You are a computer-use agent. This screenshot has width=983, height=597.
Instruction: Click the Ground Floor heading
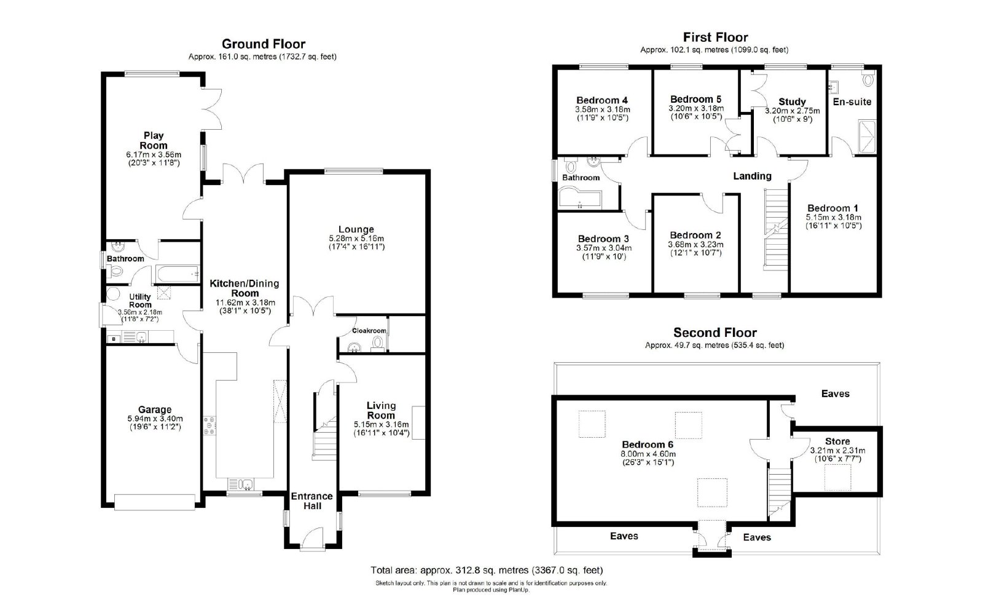pyautogui.click(x=264, y=44)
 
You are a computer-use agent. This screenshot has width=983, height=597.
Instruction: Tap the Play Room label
pyautogui.click(x=154, y=140)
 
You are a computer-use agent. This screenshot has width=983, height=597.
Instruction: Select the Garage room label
pyautogui.click(x=155, y=409)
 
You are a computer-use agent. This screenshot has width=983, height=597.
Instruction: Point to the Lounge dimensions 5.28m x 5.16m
pyautogui.click(x=356, y=239)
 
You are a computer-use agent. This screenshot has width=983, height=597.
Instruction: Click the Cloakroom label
pyautogui.click(x=369, y=331)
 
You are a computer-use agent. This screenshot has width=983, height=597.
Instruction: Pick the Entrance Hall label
pyautogui.click(x=312, y=501)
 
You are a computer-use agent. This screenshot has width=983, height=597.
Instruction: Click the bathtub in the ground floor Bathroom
pyautogui.click(x=176, y=274)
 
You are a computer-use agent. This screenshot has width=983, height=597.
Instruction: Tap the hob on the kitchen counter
pyautogui.click(x=210, y=425)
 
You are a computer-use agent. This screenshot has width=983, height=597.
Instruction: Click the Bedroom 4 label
pyautogui.click(x=602, y=100)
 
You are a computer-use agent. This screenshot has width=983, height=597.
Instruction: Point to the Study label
pyautogui.click(x=792, y=102)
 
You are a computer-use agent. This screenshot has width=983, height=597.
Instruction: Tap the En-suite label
pyautogui.click(x=852, y=102)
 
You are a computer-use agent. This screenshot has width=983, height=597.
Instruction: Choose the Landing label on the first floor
pyautogui.click(x=752, y=176)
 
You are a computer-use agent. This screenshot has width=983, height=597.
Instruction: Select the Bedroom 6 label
pyautogui.click(x=648, y=445)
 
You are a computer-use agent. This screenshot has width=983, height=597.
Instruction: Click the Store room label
pyautogui.click(x=837, y=441)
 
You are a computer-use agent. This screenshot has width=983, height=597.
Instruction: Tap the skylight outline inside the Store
pyautogui.click(x=837, y=477)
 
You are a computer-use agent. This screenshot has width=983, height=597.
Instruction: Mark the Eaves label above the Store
pyautogui.click(x=835, y=393)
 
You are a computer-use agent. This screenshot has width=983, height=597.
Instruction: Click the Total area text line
pyautogui.click(x=487, y=570)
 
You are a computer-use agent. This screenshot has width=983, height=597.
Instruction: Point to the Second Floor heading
pyautogui.click(x=715, y=333)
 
